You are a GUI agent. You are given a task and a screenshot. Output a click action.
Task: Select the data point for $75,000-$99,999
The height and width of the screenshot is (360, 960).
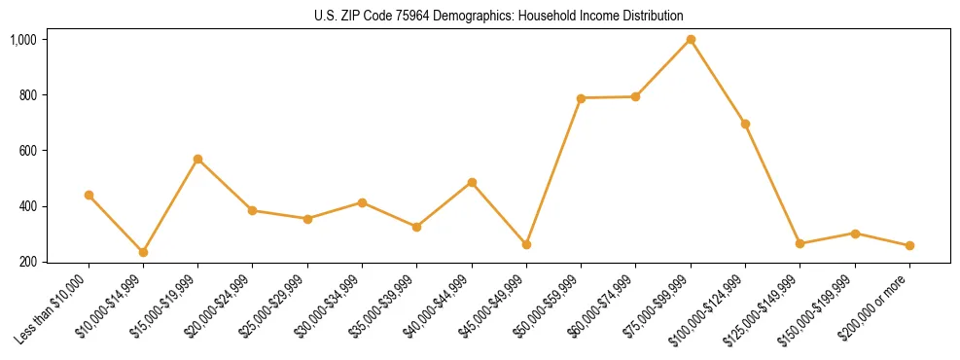point(691,39)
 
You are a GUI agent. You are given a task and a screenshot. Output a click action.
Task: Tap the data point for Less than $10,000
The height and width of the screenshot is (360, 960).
point(89,195)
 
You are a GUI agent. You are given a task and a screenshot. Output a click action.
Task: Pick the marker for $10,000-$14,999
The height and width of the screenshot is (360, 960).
point(143,252)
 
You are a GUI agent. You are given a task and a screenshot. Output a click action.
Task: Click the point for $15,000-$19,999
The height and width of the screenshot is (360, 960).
point(197,159)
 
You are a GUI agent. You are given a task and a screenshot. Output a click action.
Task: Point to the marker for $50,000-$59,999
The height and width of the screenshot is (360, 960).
point(581,98)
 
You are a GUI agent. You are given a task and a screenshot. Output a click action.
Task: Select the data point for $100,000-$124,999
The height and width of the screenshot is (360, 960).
point(745,124)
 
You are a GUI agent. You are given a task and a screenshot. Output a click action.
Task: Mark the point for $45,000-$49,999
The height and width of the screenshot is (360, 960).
point(526,244)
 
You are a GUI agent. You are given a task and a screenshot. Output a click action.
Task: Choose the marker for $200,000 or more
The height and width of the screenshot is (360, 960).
point(909,245)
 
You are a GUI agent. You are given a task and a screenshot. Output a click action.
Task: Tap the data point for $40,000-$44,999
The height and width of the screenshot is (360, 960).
point(472,182)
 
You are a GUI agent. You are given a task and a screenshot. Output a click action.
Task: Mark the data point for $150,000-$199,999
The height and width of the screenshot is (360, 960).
point(855,234)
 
